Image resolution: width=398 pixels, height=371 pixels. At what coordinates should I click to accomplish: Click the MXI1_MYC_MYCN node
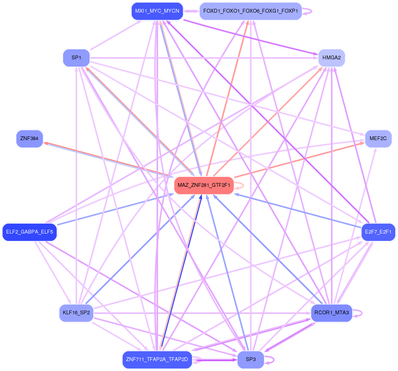coord(157,11)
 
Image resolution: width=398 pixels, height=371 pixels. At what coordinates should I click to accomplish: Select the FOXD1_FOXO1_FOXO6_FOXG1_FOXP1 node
coord(251,11)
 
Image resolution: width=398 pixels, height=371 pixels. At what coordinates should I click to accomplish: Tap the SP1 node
coord(76,58)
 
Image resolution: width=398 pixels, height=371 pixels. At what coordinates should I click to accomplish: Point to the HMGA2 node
coord(332,58)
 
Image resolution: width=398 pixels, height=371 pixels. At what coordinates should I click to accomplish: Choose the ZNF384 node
coord(29,139)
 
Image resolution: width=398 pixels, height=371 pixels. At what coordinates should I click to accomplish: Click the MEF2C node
coord(378,139)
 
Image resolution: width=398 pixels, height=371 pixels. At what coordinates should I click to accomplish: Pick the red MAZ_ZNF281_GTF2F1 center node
coord(204,186)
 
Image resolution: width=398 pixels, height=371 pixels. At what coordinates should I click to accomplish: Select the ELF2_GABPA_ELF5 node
coord(29,232)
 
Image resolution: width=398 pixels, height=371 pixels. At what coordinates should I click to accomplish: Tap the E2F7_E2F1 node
coord(378,232)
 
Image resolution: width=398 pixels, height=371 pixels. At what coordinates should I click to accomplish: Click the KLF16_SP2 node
coord(76,313)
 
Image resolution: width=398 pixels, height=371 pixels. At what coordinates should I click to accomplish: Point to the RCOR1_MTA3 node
coord(331,313)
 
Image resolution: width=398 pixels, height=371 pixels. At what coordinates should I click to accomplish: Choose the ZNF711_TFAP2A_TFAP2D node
coord(157,360)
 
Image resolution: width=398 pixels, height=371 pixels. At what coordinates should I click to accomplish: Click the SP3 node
coord(251,360)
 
